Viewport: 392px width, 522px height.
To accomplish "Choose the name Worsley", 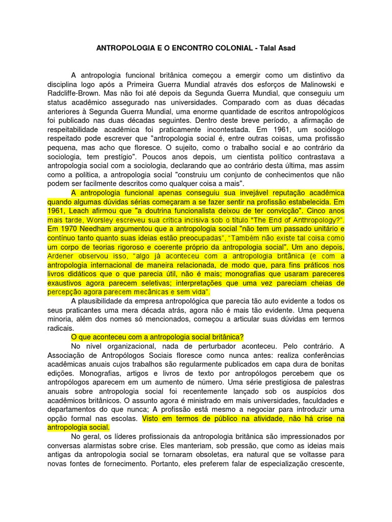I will point(118,220).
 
